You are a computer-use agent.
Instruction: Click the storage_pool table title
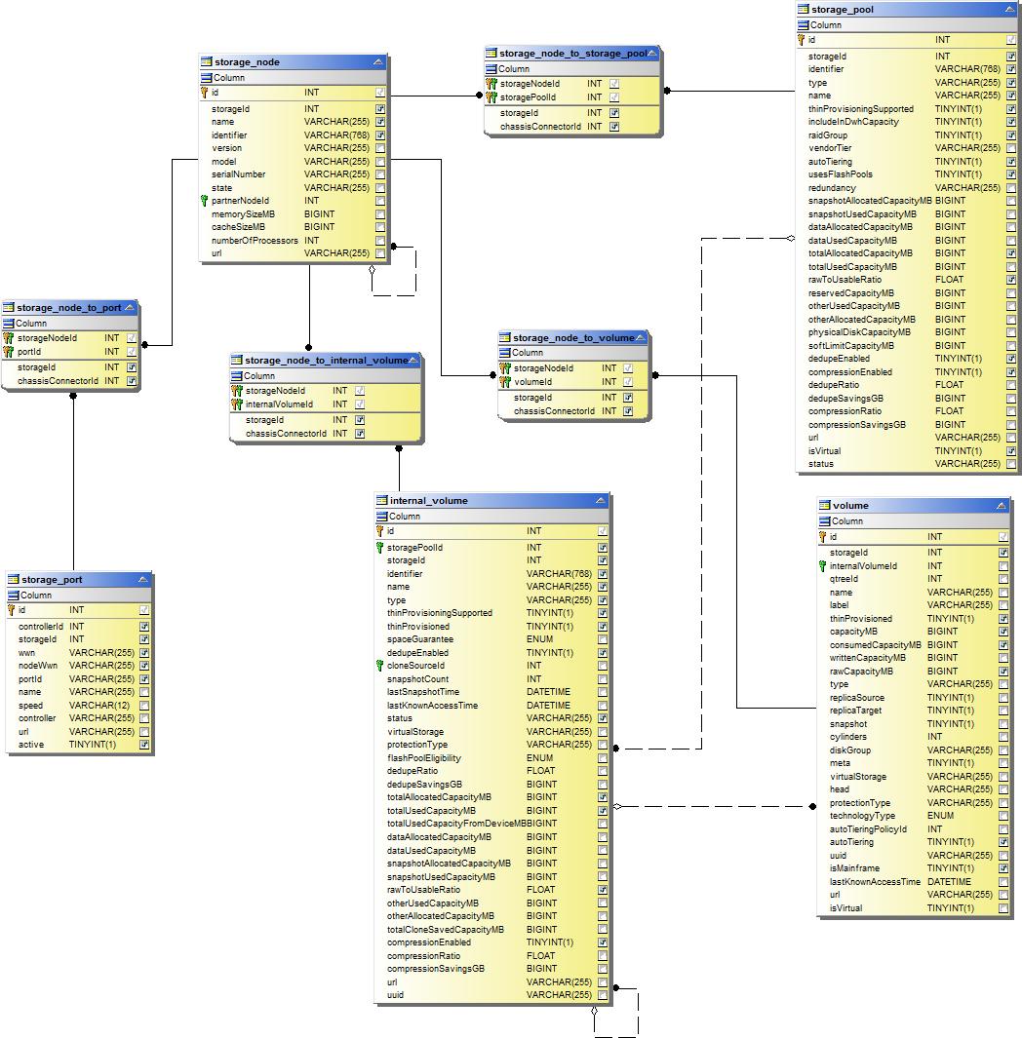pos(842,10)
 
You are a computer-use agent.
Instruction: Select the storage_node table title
pos(247,61)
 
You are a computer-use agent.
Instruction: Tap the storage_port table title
pos(52,579)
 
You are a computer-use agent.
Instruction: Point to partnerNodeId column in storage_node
pos(240,201)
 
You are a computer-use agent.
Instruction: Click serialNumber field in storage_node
pos(238,174)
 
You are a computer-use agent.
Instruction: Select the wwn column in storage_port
pos(26,652)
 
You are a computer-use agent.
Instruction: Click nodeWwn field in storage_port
pos(36,666)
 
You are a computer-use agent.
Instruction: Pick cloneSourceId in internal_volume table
pos(415,666)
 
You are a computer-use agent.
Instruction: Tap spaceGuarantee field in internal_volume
pos(419,639)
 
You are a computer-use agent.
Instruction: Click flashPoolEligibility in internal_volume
pos(424,757)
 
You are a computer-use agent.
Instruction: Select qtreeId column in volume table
pos(844,579)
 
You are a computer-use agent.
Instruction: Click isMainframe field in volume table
pos(854,867)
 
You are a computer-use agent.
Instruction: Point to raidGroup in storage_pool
pos(828,135)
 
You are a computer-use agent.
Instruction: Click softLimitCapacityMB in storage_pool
pos(851,345)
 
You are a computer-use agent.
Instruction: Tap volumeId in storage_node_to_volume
pos(532,382)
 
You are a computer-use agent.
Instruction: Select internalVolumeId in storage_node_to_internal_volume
pos(279,404)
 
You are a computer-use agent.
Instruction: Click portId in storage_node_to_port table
pos(29,352)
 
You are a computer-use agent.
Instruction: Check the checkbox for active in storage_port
pos(144,745)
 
